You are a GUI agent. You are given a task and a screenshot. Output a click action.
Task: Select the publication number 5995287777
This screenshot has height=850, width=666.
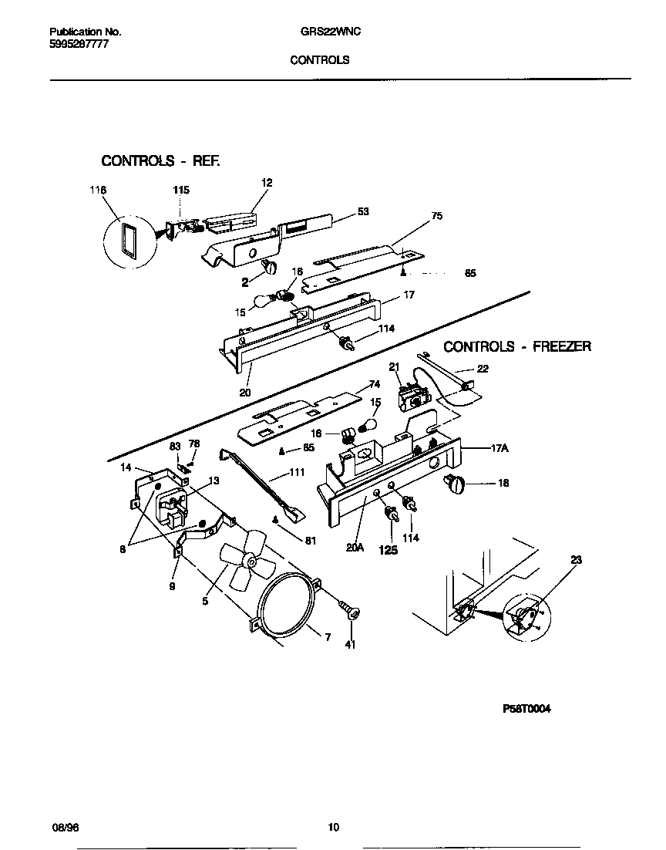pyautogui.click(x=76, y=45)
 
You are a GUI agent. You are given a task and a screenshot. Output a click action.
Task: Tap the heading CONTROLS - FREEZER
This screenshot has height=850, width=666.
pyautogui.click(x=517, y=347)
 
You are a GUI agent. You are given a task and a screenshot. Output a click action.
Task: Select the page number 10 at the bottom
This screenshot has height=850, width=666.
pyautogui.click(x=333, y=828)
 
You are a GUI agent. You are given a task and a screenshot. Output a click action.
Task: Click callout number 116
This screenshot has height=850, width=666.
pyautogui.click(x=98, y=190)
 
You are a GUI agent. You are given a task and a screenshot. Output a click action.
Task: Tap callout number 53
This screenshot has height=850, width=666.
pyautogui.click(x=363, y=212)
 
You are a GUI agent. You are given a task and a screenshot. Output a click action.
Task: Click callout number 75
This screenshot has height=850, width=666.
pyautogui.click(x=437, y=217)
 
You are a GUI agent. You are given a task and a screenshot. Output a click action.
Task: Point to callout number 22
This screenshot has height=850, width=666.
pyautogui.click(x=483, y=369)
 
